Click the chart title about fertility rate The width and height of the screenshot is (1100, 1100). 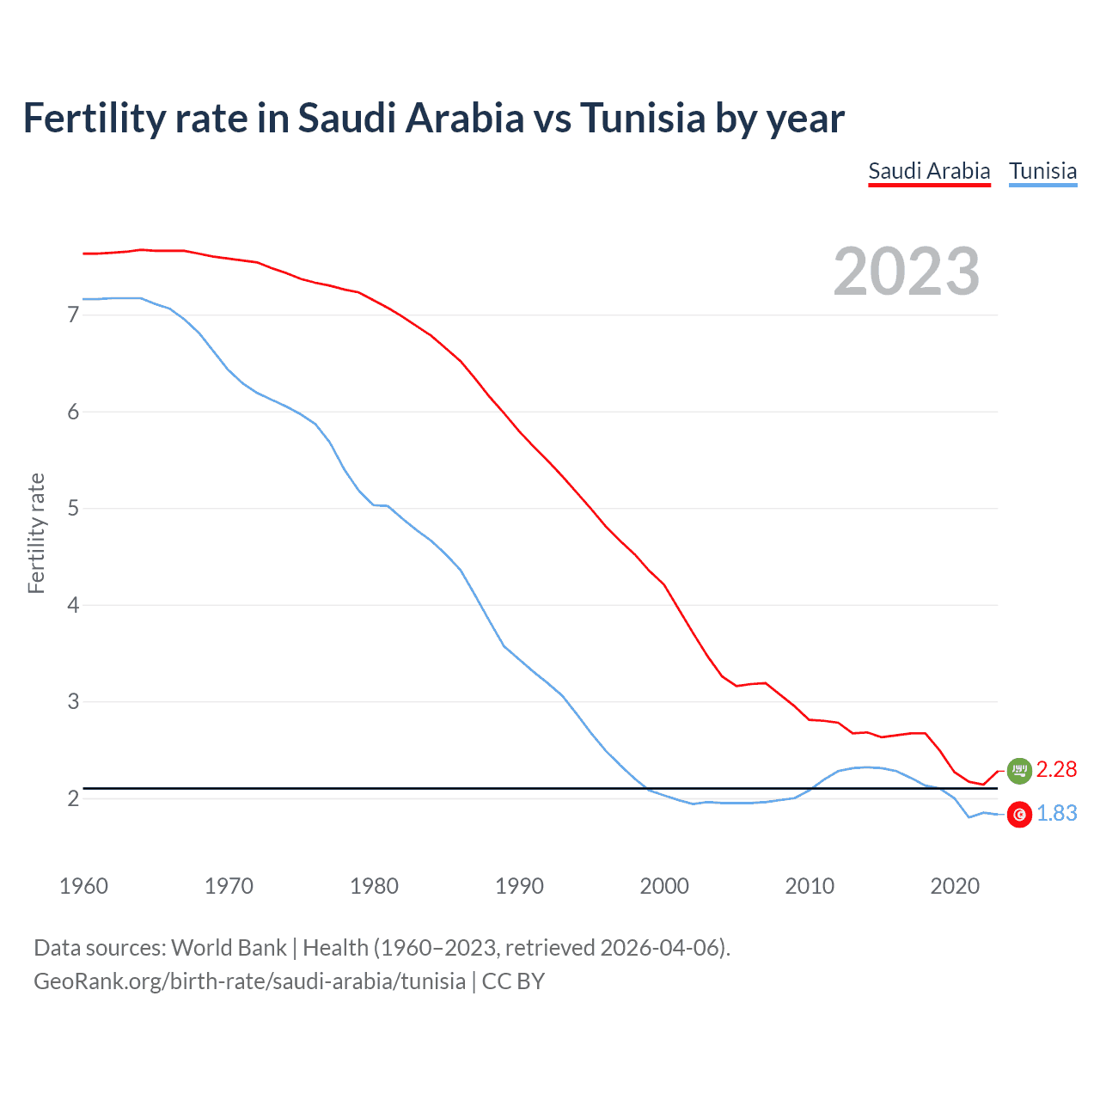433,119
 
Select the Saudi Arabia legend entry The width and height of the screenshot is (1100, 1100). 929,171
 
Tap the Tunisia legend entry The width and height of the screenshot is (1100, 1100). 1042,171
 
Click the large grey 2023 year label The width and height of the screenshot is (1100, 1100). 907,272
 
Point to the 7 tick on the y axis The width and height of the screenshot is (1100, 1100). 73,315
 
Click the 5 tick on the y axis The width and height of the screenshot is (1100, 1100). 73,509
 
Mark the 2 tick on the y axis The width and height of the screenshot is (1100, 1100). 73,798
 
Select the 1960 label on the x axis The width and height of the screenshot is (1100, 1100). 83,886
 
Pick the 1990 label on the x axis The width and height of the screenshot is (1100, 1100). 519,886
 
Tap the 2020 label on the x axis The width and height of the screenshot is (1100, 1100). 955,886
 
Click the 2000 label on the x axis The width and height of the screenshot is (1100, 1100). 664,886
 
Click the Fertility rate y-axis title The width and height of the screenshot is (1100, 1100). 36,533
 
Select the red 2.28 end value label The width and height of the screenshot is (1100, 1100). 1056,769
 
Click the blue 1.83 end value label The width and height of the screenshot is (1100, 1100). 1056,813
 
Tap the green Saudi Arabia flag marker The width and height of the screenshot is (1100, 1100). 1019,771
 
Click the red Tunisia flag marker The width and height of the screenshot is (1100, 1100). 1019,815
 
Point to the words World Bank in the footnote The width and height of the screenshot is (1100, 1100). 229,948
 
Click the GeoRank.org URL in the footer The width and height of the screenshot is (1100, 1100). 249,981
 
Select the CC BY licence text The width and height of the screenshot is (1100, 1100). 513,981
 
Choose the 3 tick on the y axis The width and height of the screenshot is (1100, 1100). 73,702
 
